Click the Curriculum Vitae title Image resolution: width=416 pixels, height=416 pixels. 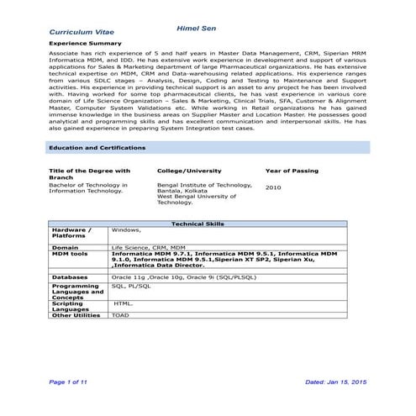coord(82,32)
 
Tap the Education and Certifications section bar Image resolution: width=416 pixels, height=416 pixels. coord(97,148)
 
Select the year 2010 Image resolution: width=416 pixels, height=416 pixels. coord(273,188)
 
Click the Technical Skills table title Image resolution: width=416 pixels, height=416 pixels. coord(197,224)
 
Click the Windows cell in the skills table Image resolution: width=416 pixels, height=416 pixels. coord(126,229)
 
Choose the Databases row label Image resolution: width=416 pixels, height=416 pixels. coord(70,276)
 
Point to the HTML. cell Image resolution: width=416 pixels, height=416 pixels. coord(123,303)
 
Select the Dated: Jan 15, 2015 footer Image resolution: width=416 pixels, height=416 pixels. coord(336,382)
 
